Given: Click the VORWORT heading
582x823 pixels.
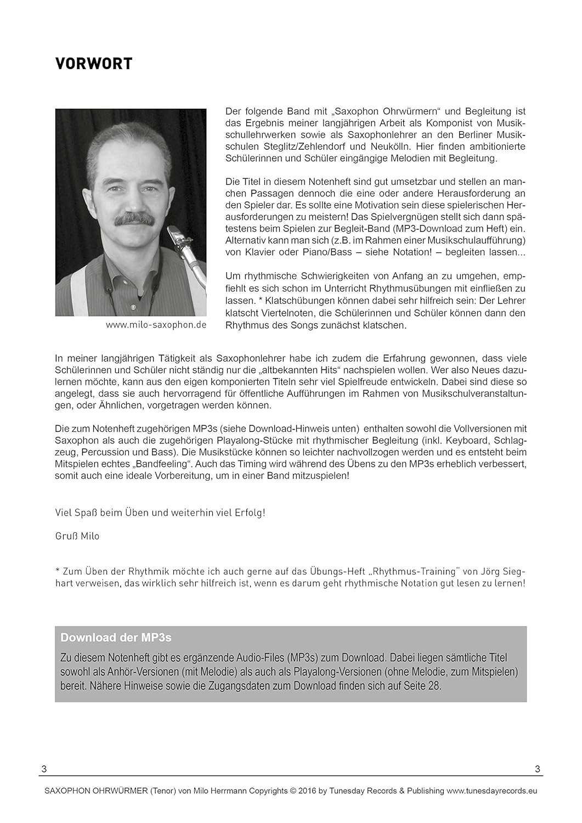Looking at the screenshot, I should point(93,64).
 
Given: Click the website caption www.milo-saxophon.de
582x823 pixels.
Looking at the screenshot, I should point(156,325).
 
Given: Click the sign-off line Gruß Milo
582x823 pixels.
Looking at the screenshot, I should point(77,536).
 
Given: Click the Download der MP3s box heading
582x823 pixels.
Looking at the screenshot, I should point(116,638).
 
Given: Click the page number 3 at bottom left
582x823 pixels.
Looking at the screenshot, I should point(44,770).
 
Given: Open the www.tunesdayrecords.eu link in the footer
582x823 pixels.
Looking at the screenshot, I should point(492,791).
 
